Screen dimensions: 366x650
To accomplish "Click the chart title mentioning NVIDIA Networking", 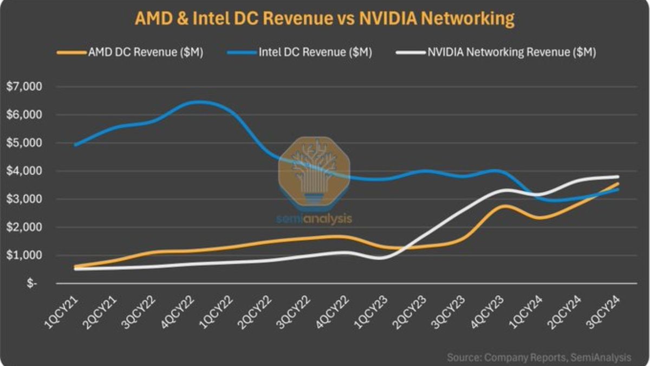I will click(324, 19).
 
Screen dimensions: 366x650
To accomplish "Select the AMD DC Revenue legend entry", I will click(130, 53).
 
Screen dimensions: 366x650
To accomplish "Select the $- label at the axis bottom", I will click(32, 284).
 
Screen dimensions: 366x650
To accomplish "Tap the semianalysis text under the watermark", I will click(314, 219).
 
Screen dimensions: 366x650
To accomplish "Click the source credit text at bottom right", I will click(539, 357).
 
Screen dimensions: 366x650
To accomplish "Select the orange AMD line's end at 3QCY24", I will click(618, 184).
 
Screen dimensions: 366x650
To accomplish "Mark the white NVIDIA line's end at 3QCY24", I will click(618, 177).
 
